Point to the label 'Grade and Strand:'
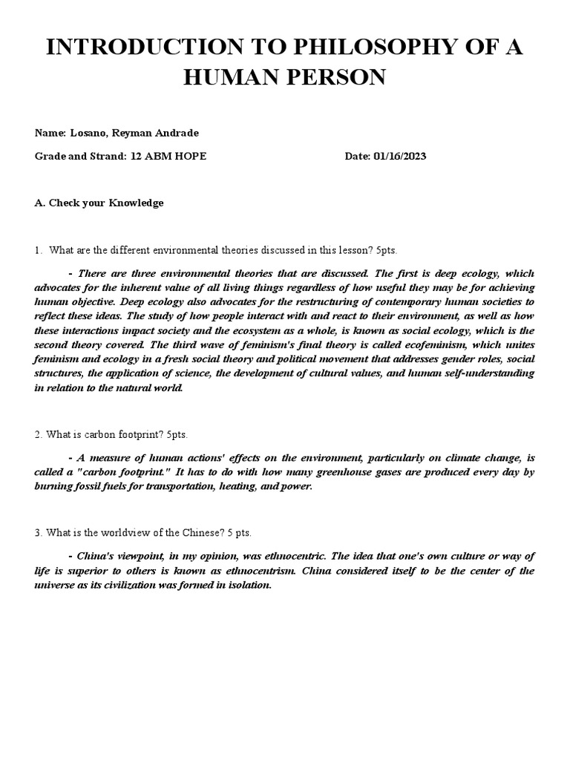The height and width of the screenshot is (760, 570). click(81, 157)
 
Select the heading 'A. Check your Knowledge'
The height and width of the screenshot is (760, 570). click(99, 203)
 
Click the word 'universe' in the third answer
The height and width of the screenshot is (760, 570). click(56, 585)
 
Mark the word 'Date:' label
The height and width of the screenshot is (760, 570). click(360, 157)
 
